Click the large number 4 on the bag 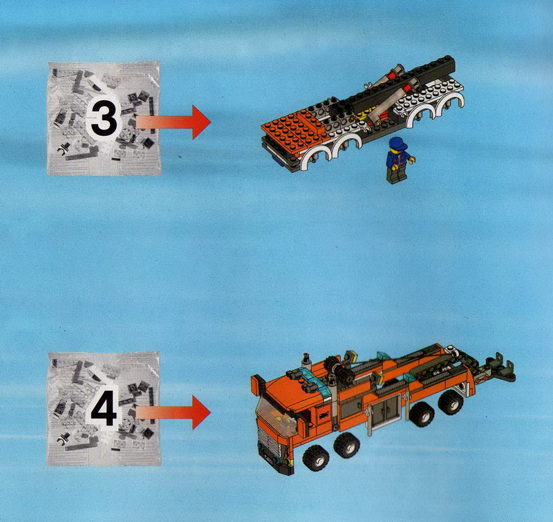point(104,408)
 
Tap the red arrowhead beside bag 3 point(201,122)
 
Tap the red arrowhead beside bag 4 point(201,412)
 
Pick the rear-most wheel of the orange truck point(451,403)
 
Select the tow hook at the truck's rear point(500,367)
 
